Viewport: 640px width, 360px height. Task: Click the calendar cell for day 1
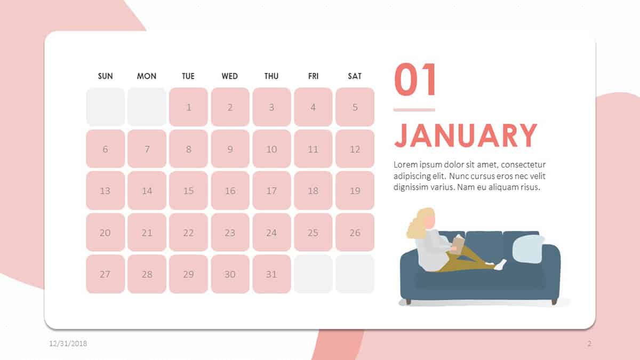tap(189, 107)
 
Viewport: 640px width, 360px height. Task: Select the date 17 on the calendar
tap(271, 190)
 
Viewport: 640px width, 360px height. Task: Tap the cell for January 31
tap(271, 274)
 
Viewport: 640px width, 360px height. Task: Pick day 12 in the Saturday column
tap(355, 149)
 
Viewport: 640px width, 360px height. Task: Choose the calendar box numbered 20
tap(106, 233)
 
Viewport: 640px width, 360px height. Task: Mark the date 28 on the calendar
tap(147, 274)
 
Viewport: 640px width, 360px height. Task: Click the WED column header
tap(230, 76)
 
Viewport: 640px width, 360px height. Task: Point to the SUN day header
tap(106, 76)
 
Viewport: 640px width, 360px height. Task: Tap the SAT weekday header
tap(355, 76)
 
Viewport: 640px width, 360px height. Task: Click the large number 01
tap(415, 79)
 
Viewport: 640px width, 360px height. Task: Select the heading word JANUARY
tap(466, 135)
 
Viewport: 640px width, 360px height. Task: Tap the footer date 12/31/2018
tap(68, 343)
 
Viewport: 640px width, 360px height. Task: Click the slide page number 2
tap(589, 343)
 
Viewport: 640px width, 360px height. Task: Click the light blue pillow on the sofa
tap(529, 249)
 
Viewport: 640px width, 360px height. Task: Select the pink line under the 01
tap(414, 110)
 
